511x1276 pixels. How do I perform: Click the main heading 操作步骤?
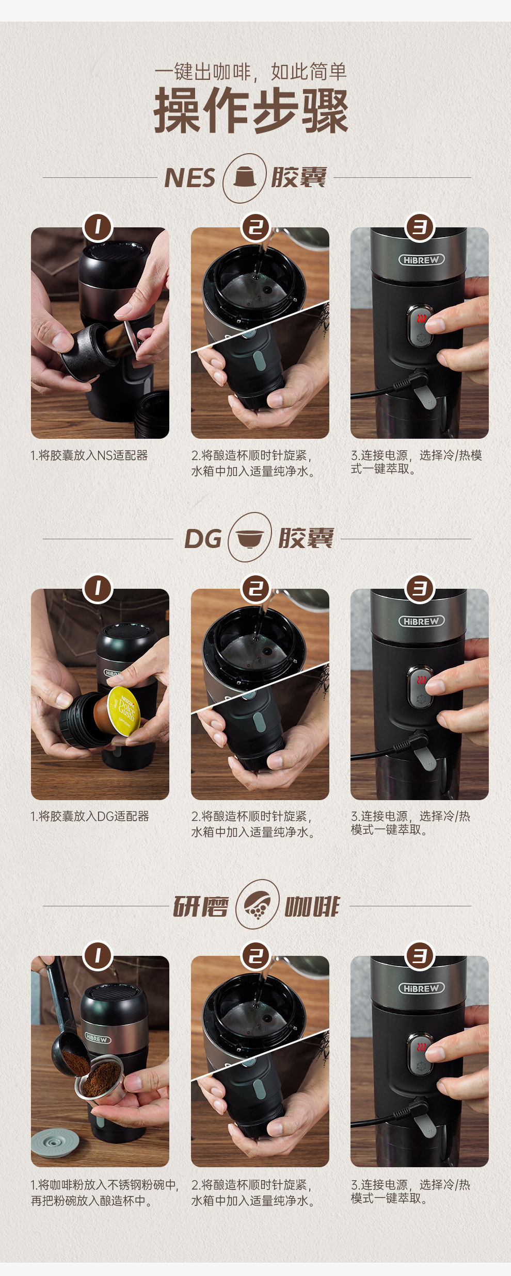pyautogui.click(x=251, y=110)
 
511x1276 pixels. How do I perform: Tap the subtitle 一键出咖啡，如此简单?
pyautogui.click(x=251, y=72)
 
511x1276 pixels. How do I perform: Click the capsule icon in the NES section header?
pyautogui.click(x=245, y=178)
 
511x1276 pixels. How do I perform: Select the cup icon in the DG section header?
pyautogui.click(x=250, y=538)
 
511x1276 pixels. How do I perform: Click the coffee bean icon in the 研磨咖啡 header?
pyautogui.click(x=257, y=904)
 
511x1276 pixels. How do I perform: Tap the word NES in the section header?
pyautogui.click(x=189, y=178)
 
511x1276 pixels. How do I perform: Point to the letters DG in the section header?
pyautogui.click(x=203, y=539)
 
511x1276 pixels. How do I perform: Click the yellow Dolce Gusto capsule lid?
pyautogui.click(x=124, y=710)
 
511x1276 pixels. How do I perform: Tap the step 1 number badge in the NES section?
pyautogui.click(x=98, y=227)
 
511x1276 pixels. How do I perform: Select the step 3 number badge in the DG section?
pyautogui.click(x=420, y=588)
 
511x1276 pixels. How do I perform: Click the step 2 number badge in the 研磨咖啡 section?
pyautogui.click(x=256, y=955)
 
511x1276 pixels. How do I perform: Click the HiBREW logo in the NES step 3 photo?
pyautogui.click(x=421, y=260)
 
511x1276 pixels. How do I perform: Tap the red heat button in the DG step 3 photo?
pyautogui.click(x=422, y=681)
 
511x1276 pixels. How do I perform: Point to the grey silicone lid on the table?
pyautogui.click(x=55, y=1143)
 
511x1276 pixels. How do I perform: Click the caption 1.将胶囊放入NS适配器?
pyautogui.click(x=89, y=455)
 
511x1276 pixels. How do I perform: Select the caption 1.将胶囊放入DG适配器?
pyautogui.click(x=90, y=816)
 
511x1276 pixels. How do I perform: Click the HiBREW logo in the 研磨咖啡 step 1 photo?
pyautogui.click(x=97, y=1038)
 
